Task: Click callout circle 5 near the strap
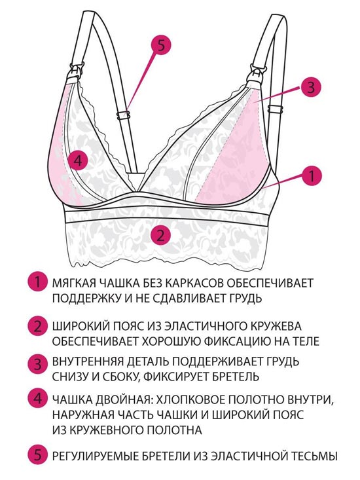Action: click(x=161, y=46)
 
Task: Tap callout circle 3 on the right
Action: click(x=310, y=88)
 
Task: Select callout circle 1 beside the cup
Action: click(x=312, y=176)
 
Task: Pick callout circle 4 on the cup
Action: click(x=79, y=160)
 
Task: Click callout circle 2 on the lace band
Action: click(x=161, y=236)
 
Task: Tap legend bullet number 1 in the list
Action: click(x=37, y=282)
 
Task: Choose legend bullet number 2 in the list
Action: click(x=37, y=326)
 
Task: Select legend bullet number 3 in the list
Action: click(x=37, y=364)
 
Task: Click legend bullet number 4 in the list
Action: click(x=37, y=399)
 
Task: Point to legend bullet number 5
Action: click(x=37, y=455)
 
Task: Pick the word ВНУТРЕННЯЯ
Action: click(x=88, y=361)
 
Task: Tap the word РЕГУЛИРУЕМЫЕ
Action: click(x=96, y=456)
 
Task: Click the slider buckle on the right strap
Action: click(x=276, y=109)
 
